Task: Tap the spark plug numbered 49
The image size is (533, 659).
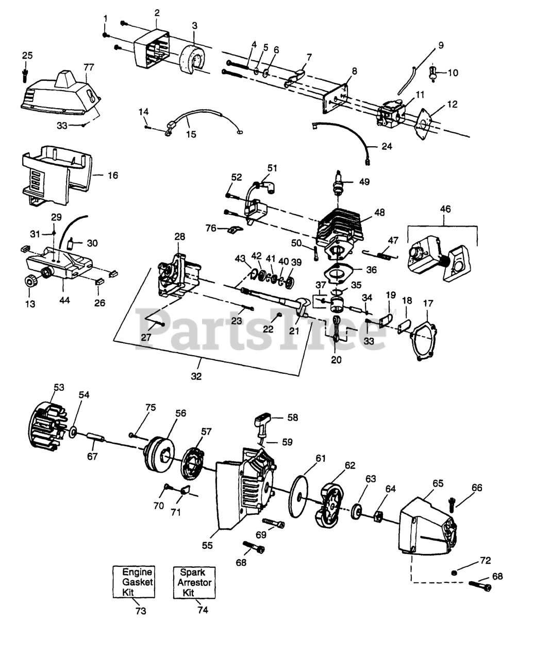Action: click(339, 183)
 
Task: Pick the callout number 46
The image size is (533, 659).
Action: click(444, 209)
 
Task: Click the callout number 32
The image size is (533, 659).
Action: click(196, 376)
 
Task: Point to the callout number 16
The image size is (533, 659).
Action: click(112, 176)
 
